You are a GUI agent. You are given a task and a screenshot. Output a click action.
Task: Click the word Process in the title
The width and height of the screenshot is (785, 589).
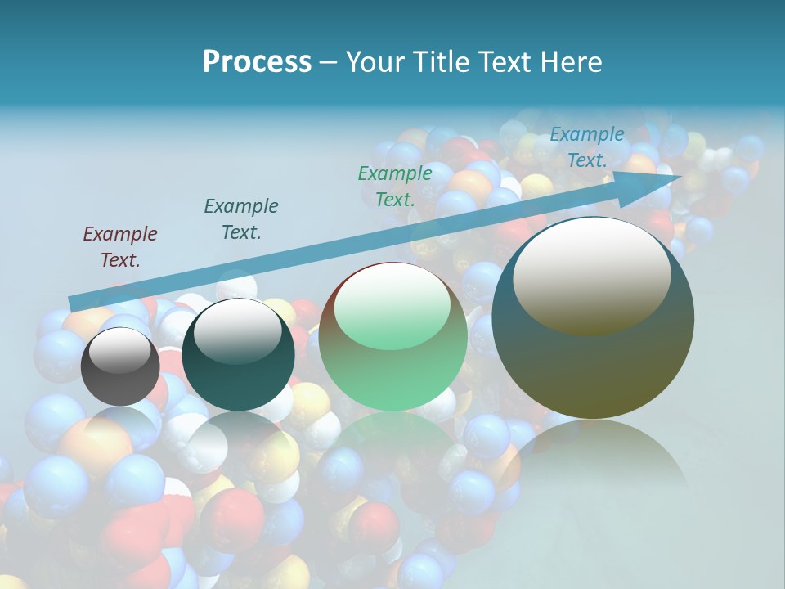tap(257, 62)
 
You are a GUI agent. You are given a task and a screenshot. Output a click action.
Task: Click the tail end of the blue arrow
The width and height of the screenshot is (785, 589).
tap(74, 303)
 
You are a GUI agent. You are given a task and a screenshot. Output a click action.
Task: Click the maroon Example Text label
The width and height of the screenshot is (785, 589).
tap(120, 247)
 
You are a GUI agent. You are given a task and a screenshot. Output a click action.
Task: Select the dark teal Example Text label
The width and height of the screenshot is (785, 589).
tap(241, 219)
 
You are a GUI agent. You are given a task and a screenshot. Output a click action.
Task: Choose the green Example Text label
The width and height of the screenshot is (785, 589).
tap(395, 186)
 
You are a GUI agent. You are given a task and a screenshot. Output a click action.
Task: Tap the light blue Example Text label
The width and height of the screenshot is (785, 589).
tap(587, 147)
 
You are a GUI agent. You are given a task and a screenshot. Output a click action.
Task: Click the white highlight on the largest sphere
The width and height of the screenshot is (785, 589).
tap(591, 275)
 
